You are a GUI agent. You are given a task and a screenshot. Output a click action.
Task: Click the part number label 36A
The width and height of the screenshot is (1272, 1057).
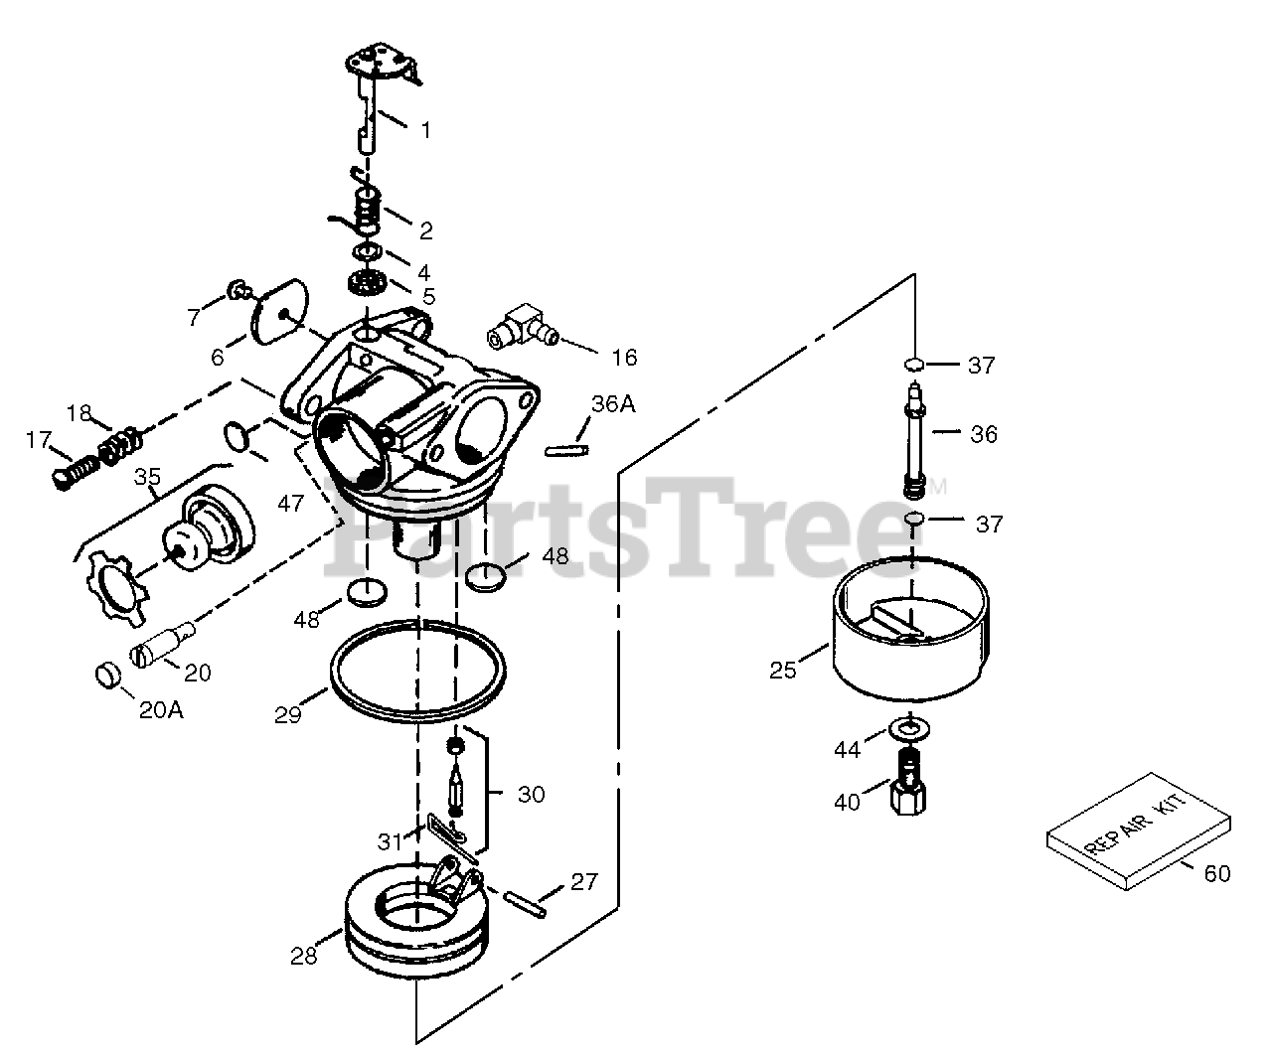click(612, 403)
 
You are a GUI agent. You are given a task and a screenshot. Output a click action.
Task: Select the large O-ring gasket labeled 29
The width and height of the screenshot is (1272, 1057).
click(416, 667)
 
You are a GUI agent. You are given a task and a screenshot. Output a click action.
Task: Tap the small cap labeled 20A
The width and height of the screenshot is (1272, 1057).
click(105, 675)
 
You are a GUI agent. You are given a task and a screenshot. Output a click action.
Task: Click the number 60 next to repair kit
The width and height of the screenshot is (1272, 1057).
click(1216, 873)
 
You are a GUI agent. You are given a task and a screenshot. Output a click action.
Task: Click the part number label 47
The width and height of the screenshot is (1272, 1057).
click(291, 504)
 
